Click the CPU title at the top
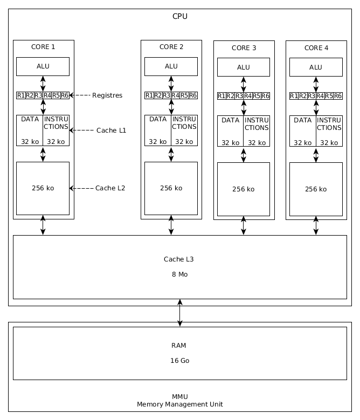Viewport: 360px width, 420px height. [180, 16]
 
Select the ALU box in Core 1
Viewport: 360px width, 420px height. [43, 66]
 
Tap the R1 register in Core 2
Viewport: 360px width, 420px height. [149, 95]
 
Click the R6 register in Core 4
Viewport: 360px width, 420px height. [338, 96]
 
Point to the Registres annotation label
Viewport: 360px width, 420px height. [107, 95]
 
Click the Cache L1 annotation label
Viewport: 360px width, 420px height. [111, 130]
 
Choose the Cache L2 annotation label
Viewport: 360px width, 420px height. [110, 188]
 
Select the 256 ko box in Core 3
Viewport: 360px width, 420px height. [244, 189]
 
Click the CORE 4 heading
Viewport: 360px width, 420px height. [316, 48]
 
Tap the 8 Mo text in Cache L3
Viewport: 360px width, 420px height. [180, 274]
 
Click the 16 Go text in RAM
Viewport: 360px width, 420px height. [180, 361]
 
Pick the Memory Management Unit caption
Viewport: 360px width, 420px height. [180, 404]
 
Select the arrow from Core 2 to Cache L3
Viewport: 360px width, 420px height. [171, 225]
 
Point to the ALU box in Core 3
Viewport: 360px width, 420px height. [244, 67]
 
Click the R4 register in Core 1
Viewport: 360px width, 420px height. [47, 95]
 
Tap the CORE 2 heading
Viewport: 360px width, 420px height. [171, 47]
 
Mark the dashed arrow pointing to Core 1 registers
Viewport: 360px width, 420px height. [80, 95]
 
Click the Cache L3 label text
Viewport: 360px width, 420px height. [179, 259]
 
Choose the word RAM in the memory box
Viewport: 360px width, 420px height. [179, 346]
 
